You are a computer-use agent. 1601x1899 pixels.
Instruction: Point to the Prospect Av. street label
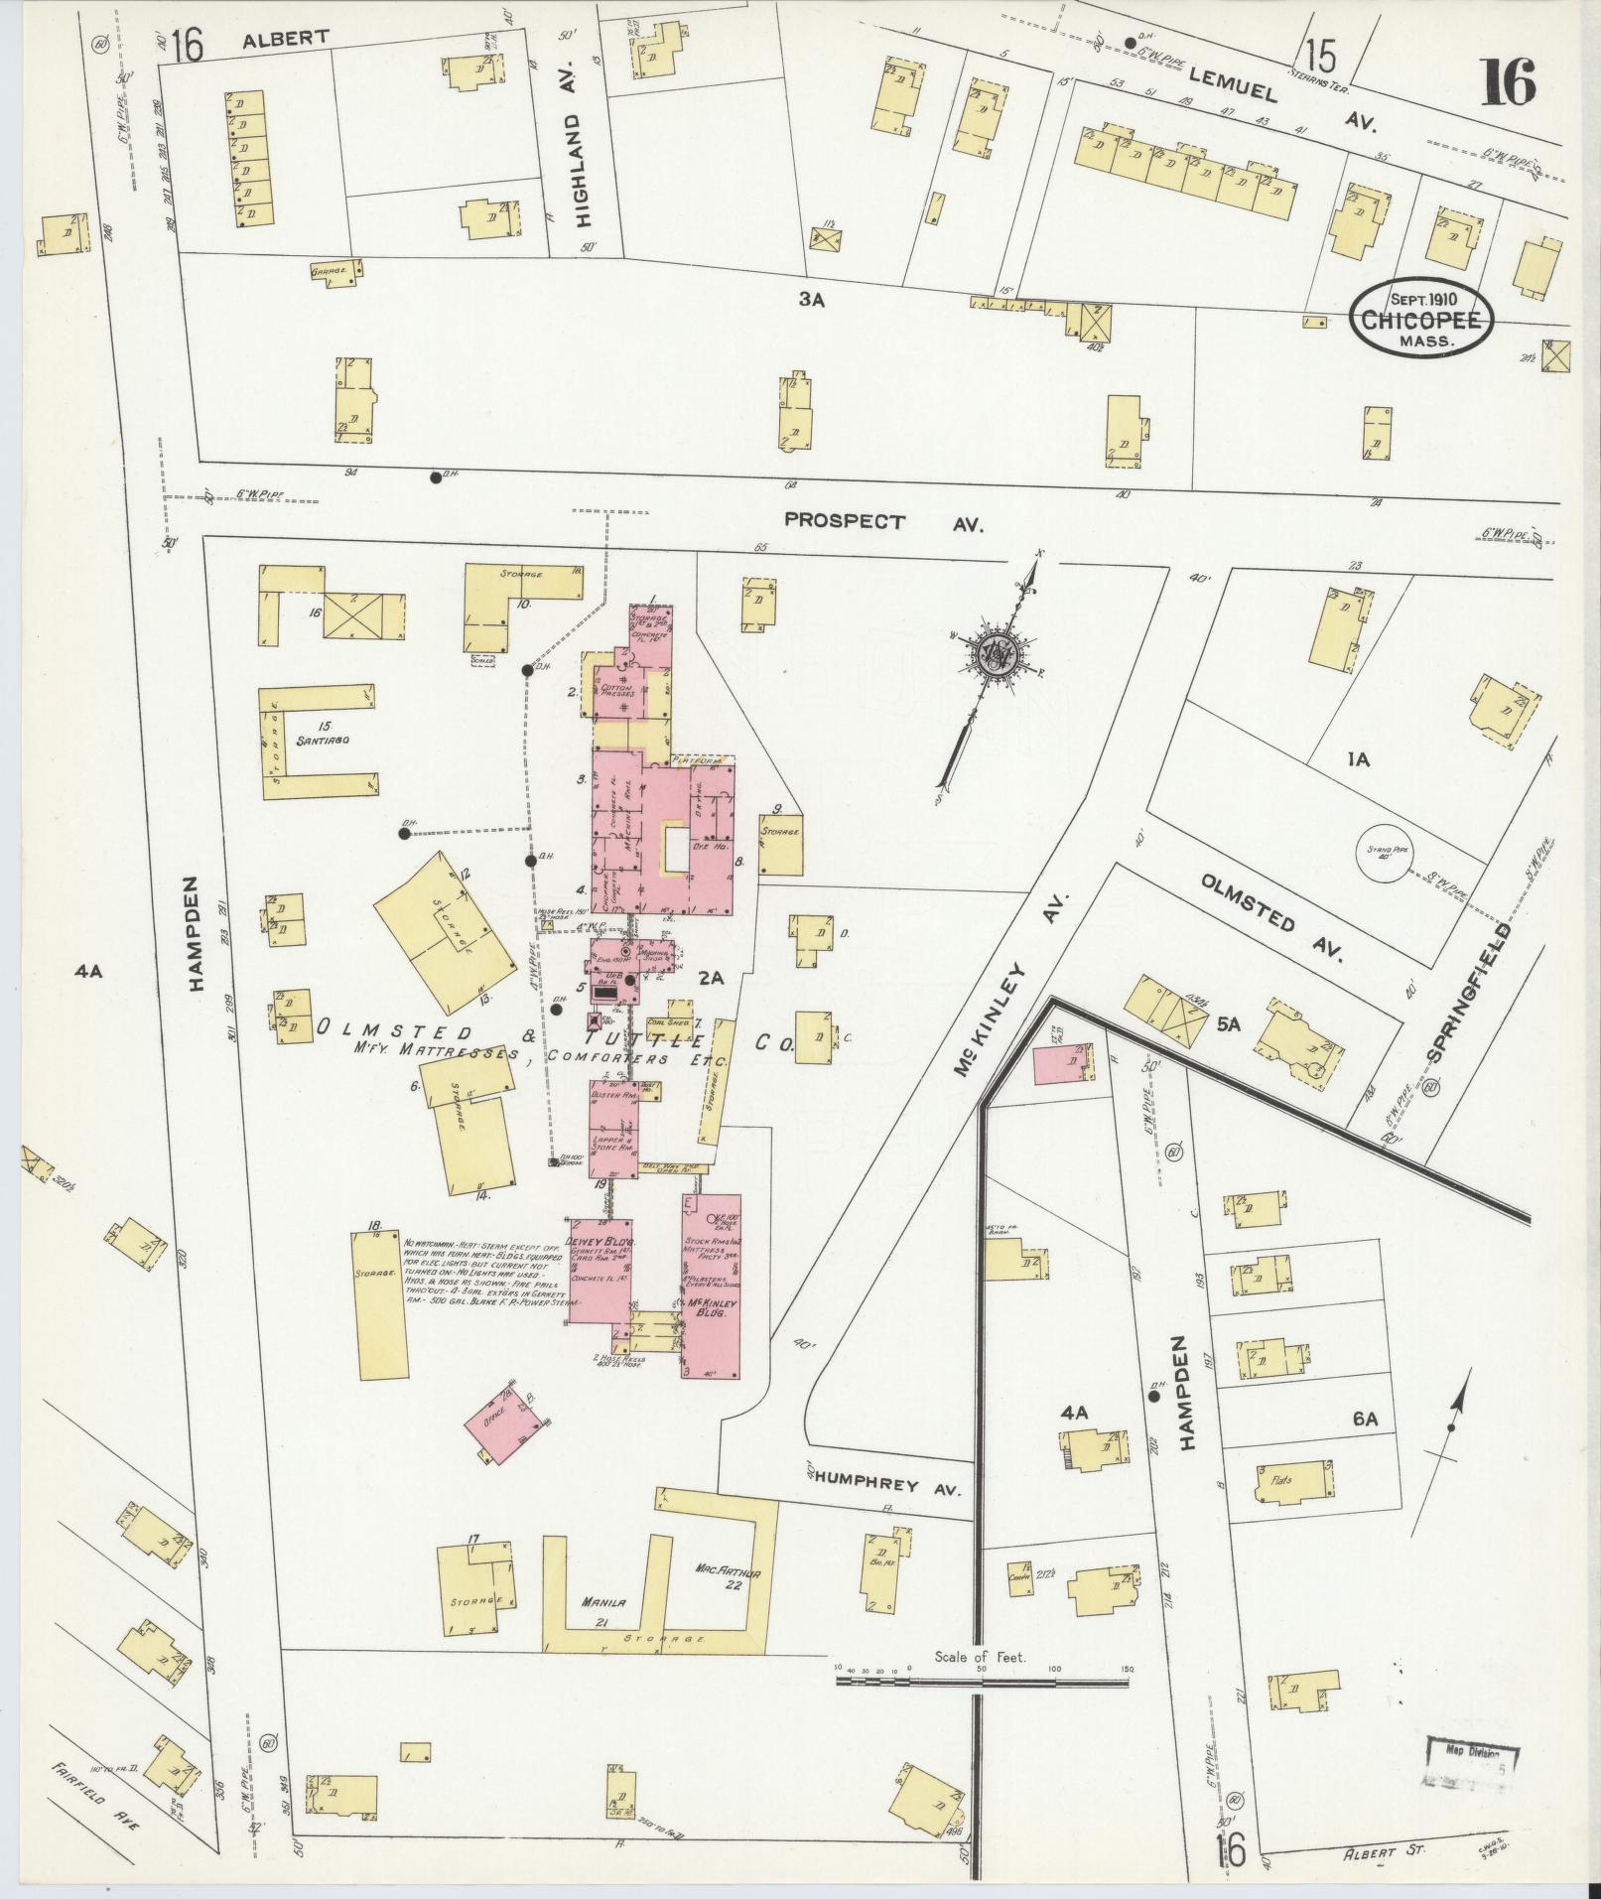(881, 521)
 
